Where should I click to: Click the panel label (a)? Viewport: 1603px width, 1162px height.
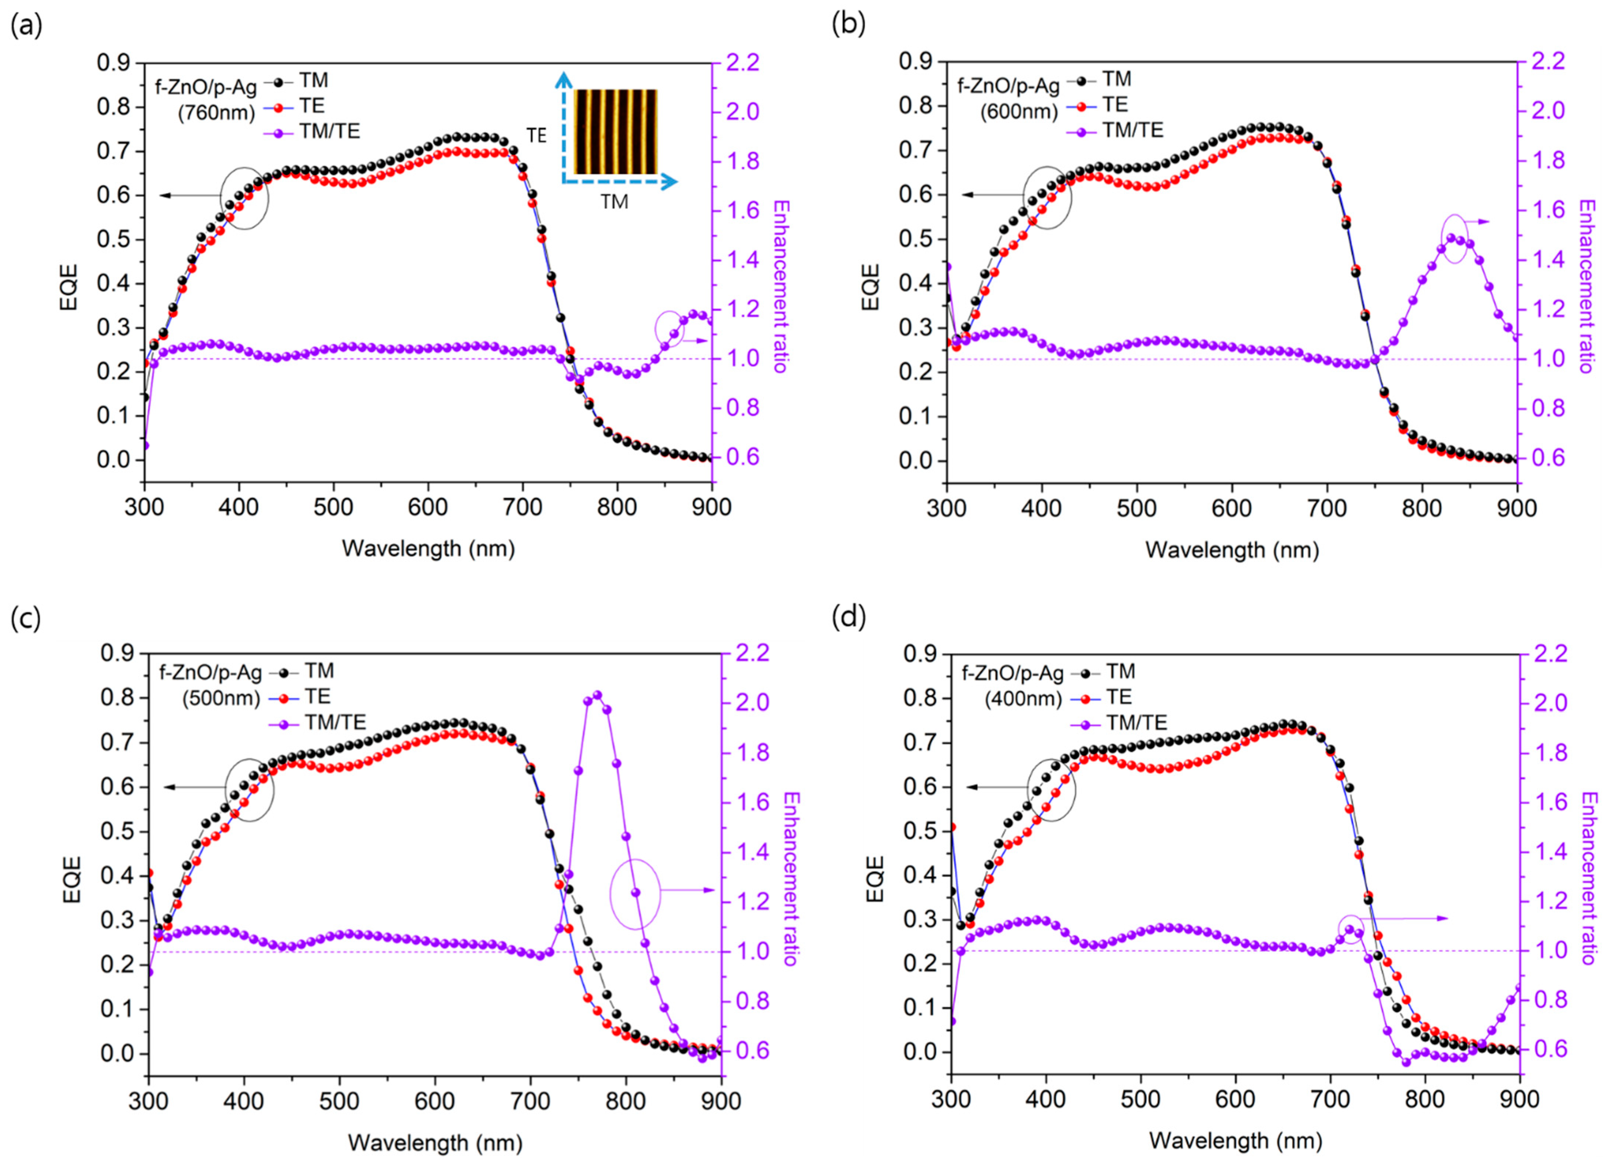(x=26, y=26)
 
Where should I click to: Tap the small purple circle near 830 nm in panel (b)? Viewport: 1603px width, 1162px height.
(x=1453, y=239)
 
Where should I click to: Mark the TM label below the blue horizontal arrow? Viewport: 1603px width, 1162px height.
(x=614, y=202)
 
